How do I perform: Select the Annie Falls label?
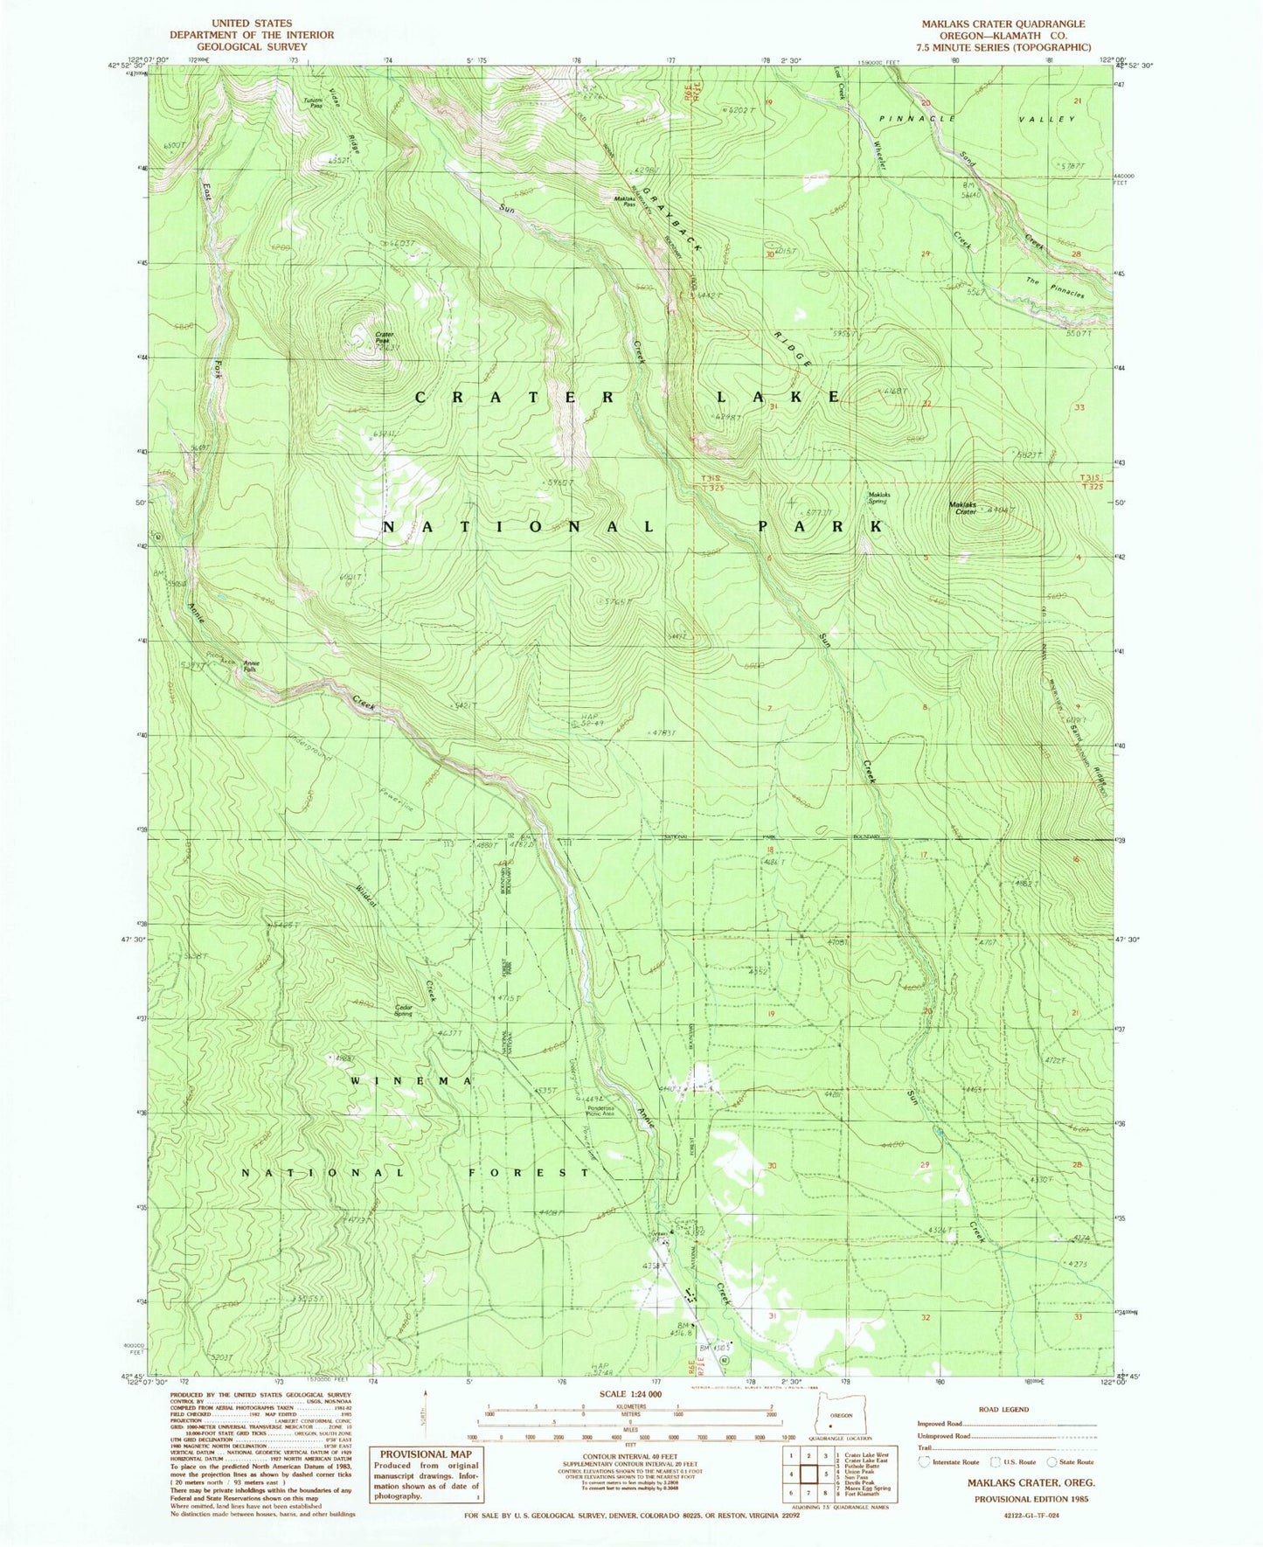252,665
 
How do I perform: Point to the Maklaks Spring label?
878,499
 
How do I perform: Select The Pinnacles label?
1055,288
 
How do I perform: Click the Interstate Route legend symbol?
924,1461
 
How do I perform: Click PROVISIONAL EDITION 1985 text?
1030,1498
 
